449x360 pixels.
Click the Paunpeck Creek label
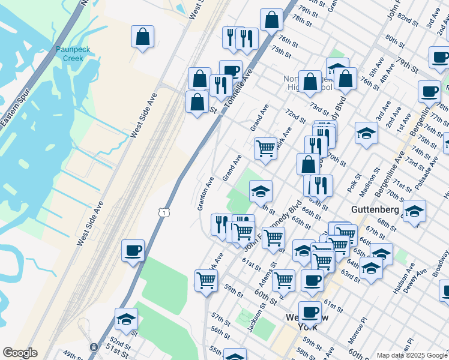click(73, 54)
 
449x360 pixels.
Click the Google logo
click(20, 353)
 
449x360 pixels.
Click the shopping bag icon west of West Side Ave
click(142, 37)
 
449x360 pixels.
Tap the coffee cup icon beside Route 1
click(133, 251)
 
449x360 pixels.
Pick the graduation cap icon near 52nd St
click(126, 319)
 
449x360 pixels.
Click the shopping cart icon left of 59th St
click(206, 280)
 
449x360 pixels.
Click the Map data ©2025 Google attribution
click(412, 355)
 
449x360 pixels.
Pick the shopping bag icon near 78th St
click(271, 19)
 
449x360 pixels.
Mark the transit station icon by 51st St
click(93, 347)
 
